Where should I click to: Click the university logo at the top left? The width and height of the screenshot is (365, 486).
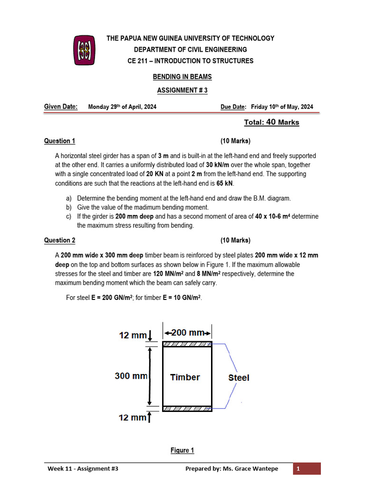[85, 50]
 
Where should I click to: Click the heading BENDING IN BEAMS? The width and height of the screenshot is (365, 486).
[182, 77]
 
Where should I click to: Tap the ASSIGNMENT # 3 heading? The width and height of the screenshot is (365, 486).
[182, 90]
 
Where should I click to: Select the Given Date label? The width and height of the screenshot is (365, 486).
[61, 107]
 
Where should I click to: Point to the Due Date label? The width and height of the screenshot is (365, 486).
[233, 107]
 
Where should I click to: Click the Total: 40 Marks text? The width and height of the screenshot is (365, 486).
[271, 122]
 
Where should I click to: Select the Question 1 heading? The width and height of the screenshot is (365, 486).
[60, 141]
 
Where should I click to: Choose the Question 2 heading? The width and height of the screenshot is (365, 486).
[60, 241]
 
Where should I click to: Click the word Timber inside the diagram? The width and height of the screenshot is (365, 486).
[185, 377]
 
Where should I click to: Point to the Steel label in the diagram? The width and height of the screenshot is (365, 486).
[239, 378]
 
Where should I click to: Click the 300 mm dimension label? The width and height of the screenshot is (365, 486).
[131, 376]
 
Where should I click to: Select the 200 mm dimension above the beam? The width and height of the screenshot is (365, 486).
[188, 333]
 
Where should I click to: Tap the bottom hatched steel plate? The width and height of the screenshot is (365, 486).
[187, 408]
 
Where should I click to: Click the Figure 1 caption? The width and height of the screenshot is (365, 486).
[182, 450]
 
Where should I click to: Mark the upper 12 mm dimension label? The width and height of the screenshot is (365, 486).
[133, 336]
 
